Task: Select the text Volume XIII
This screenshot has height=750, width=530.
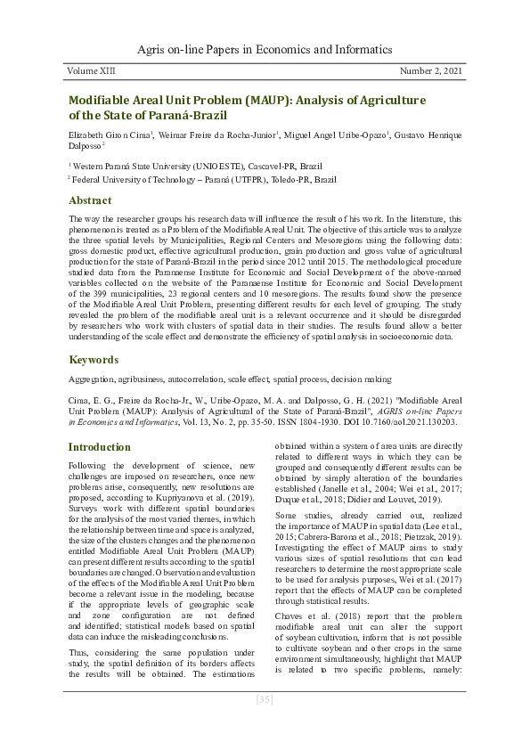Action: (x=94, y=70)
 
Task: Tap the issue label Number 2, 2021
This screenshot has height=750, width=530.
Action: (x=430, y=70)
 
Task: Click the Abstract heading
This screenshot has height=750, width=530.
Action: (x=90, y=200)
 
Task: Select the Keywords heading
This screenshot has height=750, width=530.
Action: (x=94, y=360)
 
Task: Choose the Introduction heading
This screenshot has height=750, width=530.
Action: (x=100, y=446)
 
